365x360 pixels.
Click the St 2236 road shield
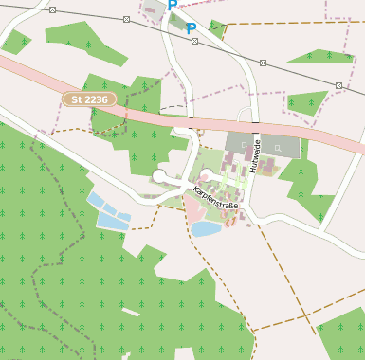click(89, 99)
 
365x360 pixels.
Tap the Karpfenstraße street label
click(216, 198)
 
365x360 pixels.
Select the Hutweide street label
click(255, 156)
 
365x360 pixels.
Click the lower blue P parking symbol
click(191, 28)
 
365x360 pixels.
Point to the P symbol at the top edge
click(172, 5)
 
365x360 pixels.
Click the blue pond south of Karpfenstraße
click(206, 228)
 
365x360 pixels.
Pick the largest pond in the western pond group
click(112, 222)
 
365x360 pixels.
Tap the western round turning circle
click(159, 176)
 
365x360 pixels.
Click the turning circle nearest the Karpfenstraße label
click(207, 174)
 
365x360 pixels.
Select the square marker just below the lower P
click(194, 41)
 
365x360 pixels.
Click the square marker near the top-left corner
click(51, 9)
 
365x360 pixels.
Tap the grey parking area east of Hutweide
click(280, 145)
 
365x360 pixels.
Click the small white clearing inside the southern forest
click(129, 313)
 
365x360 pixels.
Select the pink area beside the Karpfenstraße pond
click(194, 210)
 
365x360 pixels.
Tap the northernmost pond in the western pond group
click(96, 199)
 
